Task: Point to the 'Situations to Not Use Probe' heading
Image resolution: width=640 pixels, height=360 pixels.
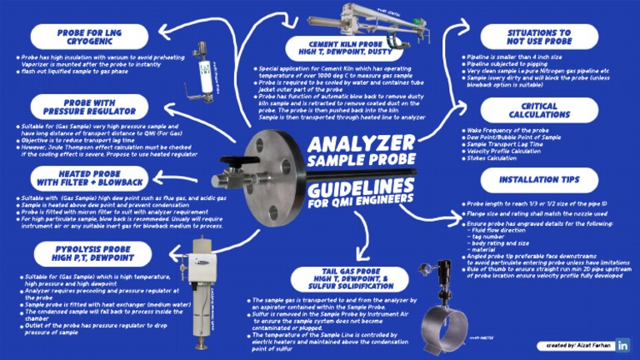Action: click(538, 36)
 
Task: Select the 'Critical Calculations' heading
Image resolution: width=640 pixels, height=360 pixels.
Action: click(538, 111)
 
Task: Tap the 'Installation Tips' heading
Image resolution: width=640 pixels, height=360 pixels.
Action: click(538, 179)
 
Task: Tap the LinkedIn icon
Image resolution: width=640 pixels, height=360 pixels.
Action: click(622, 344)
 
